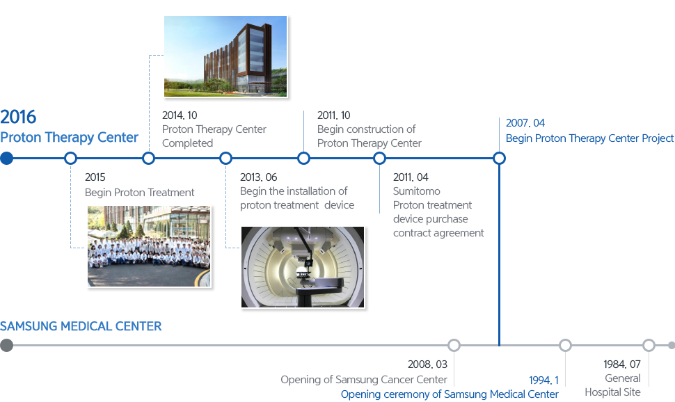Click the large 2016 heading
tap(19, 117)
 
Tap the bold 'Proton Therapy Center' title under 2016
tap(69, 138)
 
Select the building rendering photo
tap(225, 56)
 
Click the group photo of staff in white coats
tap(150, 246)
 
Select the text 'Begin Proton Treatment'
tap(140, 193)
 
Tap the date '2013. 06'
tap(258, 177)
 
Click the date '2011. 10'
tap(334, 115)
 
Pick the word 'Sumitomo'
tap(417, 191)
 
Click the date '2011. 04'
tap(411, 177)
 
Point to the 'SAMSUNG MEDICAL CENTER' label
tap(84, 326)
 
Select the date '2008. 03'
tap(427, 365)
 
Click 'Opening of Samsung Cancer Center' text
tap(364, 380)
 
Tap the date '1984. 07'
tap(621, 365)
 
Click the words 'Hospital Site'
tap(612, 392)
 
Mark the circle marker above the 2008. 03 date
tap(454, 345)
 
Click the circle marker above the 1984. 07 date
tap(649, 345)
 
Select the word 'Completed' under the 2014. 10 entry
tap(188, 143)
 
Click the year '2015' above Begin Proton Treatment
tap(95, 178)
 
